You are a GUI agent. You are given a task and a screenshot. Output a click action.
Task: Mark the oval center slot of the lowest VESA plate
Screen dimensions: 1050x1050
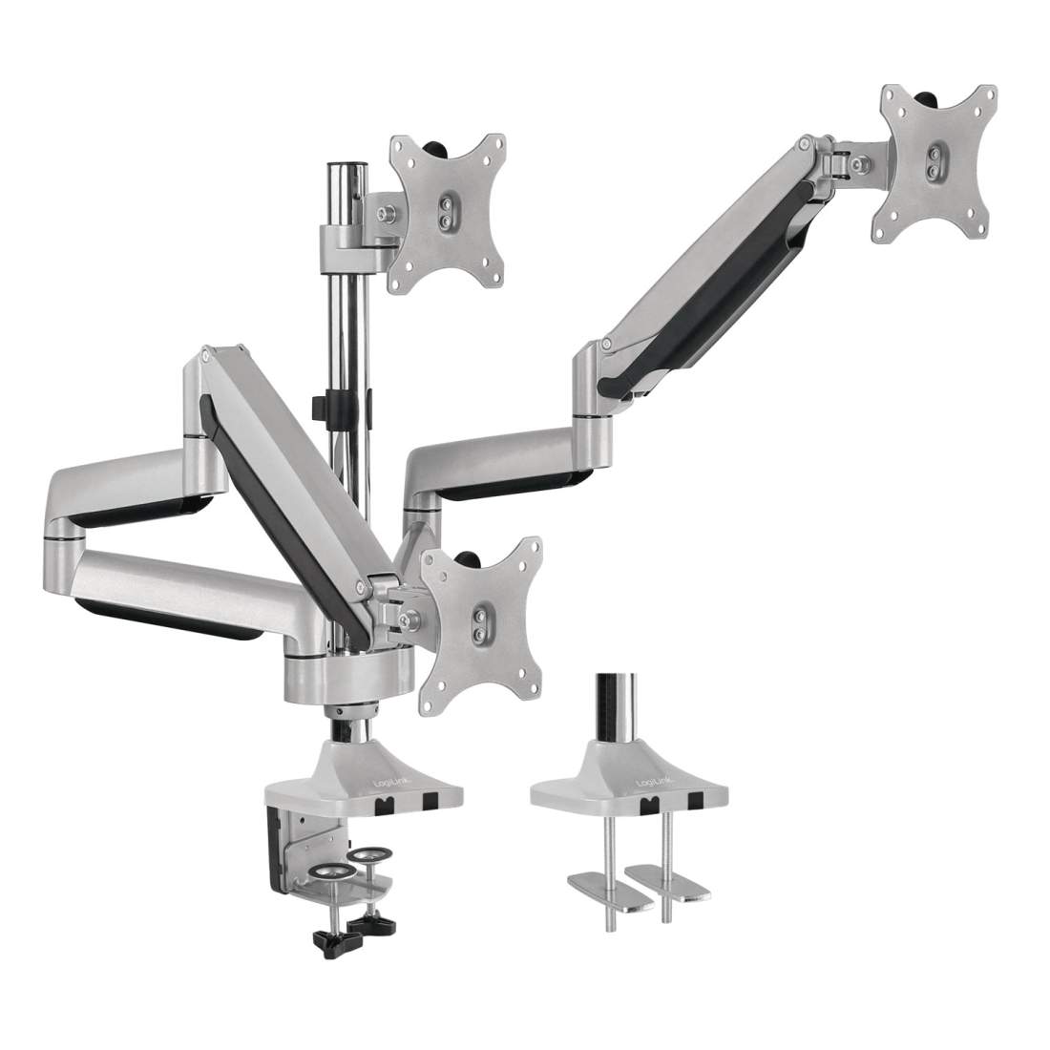coord(481,620)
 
